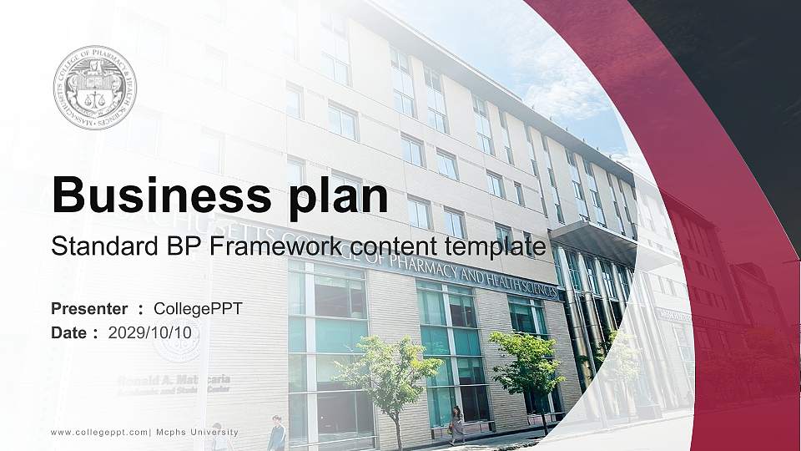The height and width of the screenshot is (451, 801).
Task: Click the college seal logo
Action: tap(94, 88)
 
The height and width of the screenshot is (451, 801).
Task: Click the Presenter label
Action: tap(89, 309)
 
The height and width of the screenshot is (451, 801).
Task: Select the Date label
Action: tap(69, 332)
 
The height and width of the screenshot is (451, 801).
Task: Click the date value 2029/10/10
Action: tap(155, 332)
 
